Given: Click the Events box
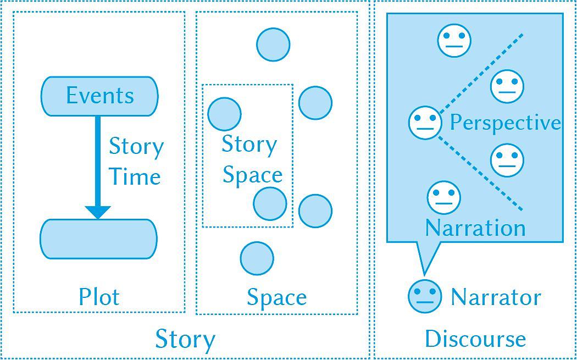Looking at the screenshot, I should point(99,96).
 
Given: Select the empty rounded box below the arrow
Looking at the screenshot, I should point(98,239).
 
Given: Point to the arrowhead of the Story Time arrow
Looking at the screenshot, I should point(98,212).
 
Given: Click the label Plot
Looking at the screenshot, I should point(99,297).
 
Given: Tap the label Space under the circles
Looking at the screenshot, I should point(276,297).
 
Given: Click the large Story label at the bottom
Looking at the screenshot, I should point(185,339).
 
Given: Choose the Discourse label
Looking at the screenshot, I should point(475,339).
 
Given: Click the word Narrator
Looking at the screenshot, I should point(496,297).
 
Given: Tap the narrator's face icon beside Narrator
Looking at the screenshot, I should point(425,296).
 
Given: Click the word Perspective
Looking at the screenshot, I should point(505,123).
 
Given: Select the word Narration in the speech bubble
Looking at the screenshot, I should point(475,228).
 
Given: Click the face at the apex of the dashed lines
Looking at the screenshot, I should point(425,123).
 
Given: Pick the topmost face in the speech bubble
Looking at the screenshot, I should point(454,40).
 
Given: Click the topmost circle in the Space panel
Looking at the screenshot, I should point(273,45).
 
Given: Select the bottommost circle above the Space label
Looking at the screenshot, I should point(257,258).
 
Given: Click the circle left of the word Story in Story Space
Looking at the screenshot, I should point(224,114).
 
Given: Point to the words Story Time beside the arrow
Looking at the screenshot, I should point(135,162).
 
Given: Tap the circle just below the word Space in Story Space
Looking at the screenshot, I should point(270,203).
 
